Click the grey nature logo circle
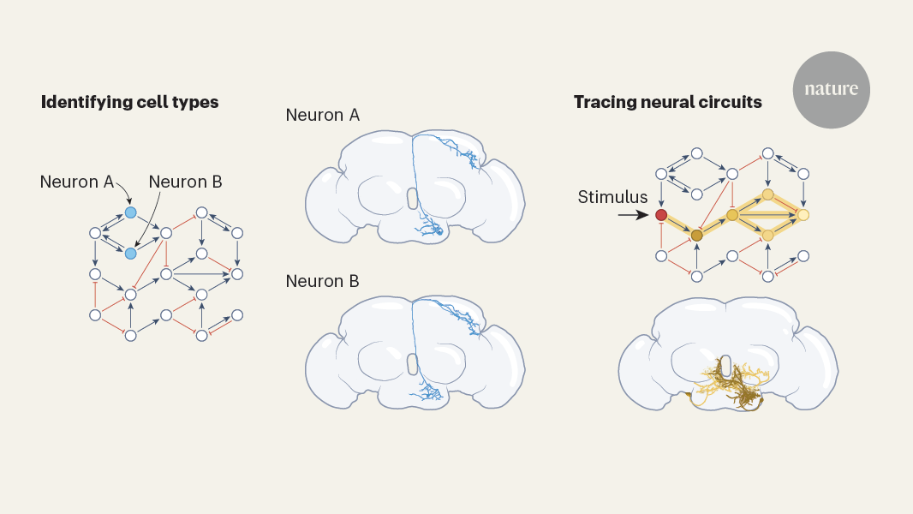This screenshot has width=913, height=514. pos(831,89)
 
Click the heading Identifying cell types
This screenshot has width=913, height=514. pos(129,102)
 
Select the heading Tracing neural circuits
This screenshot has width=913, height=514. pos(667,102)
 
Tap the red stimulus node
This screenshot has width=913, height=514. pos(661,215)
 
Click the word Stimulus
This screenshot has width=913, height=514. pos(612,198)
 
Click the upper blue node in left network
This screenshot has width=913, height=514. pos(130,212)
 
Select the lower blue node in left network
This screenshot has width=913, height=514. pos(130,254)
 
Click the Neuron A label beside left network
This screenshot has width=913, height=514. pos(76,182)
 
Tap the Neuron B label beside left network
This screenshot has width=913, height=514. pos(185,182)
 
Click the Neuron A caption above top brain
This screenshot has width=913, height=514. pos(322,115)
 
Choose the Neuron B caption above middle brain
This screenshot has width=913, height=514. pos(322,281)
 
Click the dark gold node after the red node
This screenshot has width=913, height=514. pos(696,235)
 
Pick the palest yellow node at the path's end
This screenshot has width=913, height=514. pos(803,215)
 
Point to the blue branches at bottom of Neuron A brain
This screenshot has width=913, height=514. pos(428,227)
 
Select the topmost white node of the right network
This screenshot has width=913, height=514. pos(768,153)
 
